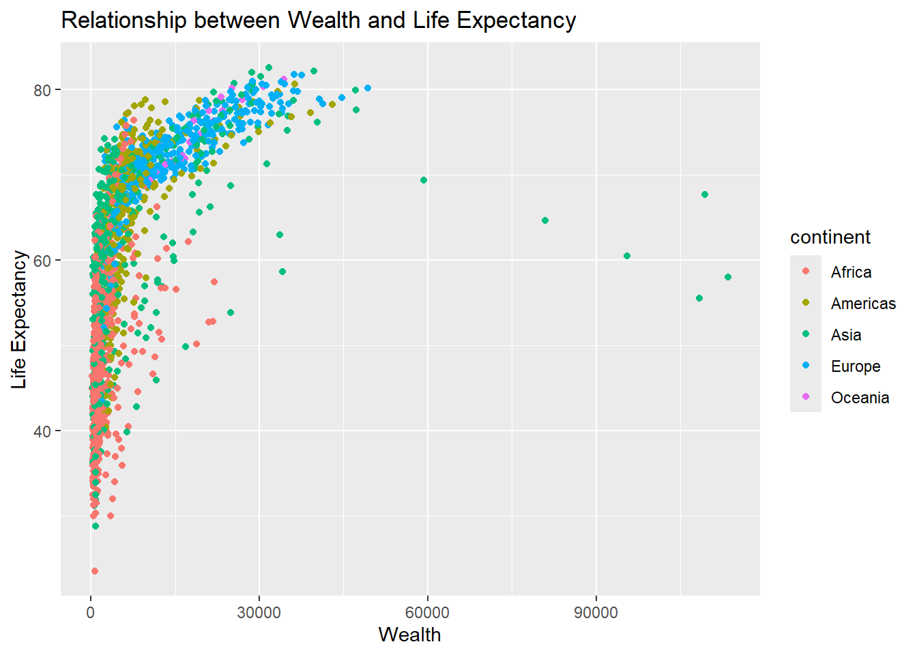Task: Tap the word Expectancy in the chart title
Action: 516,20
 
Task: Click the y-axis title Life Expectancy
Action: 19,319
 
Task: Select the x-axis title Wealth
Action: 409,635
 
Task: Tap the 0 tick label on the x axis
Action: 91,612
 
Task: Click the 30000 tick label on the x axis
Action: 259,612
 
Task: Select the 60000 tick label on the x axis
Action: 427,612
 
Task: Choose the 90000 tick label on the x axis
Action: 596,612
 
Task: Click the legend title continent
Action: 830,237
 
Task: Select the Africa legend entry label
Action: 851,272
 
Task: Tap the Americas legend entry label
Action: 863,304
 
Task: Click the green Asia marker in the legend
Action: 806,334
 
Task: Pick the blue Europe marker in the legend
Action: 806,365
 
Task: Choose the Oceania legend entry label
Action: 860,398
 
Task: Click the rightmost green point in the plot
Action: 728,277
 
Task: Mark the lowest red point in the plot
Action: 95,571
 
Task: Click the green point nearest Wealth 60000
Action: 424,180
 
